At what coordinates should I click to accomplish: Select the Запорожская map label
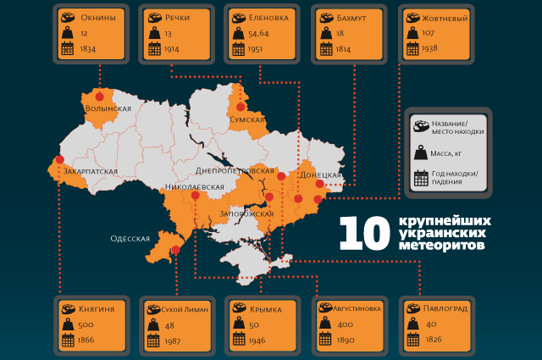[246, 213]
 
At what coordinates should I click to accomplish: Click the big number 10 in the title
[363, 233]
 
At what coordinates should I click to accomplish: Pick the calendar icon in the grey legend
[420, 179]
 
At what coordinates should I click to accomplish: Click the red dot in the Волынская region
[100, 95]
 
